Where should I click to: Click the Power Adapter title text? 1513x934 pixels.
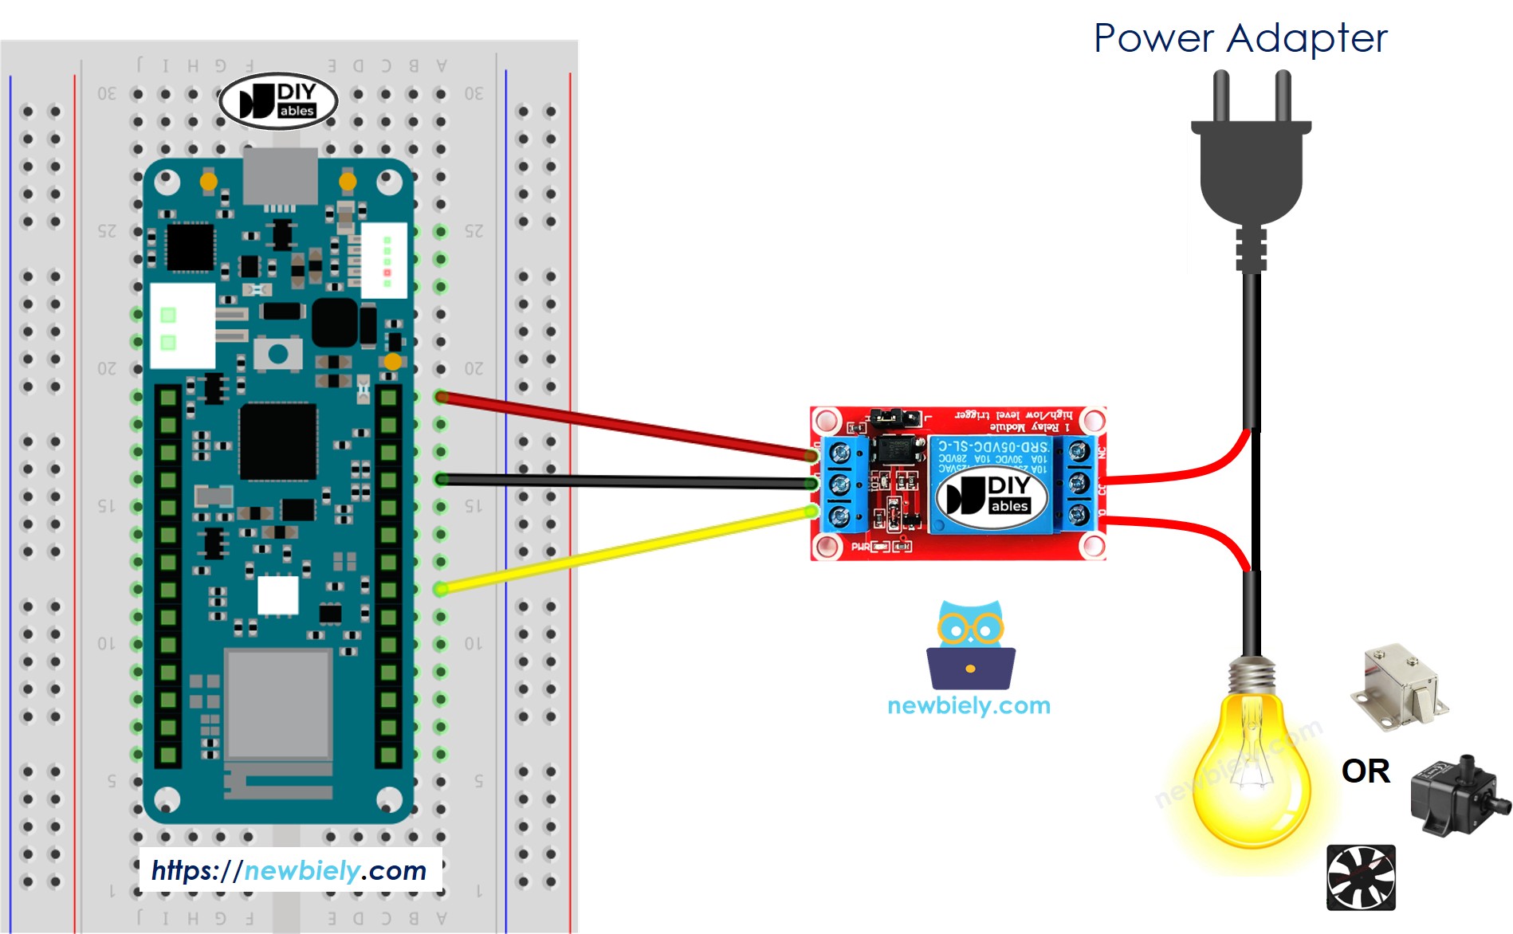click(x=1240, y=38)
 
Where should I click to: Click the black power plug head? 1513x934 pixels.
click(x=1251, y=171)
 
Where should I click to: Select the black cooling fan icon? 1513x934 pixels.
click(x=1361, y=877)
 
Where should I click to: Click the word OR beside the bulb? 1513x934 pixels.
click(x=1366, y=771)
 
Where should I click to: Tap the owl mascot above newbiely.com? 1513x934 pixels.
click(x=970, y=646)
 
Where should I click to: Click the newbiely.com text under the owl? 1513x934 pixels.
click(x=969, y=705)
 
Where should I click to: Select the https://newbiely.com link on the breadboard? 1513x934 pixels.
click(x=289, y=870)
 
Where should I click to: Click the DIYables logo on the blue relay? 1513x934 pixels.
click(x=989, y=495)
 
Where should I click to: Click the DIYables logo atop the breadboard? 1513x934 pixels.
click(x=278, y=101)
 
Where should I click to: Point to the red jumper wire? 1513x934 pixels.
click(x=622, y=426)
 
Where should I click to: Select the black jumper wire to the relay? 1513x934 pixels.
click(x=622, y=481)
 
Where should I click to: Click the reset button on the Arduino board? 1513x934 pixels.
click(x=277, y=353)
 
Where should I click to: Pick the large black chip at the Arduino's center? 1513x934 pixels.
click(x=278, y=441)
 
